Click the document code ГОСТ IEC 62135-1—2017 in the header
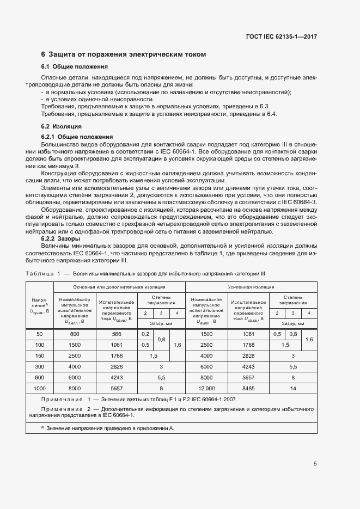[x=281, y=36]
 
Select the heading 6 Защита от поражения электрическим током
[x=124, y=54]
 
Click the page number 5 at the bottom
[x=315, y=464]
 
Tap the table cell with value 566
[x=116, y=334]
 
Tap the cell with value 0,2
[x=145, y=334]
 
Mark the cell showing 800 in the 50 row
[x=75, y=334]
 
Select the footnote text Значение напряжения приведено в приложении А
[x=109, y=428]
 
